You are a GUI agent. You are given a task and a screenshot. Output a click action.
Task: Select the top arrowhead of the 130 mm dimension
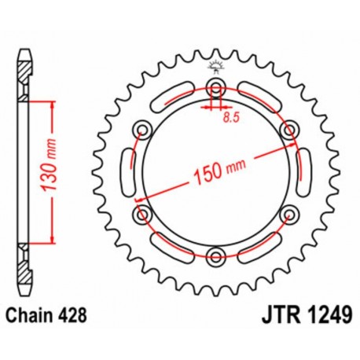pyautogui.click(x=51, y=104)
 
